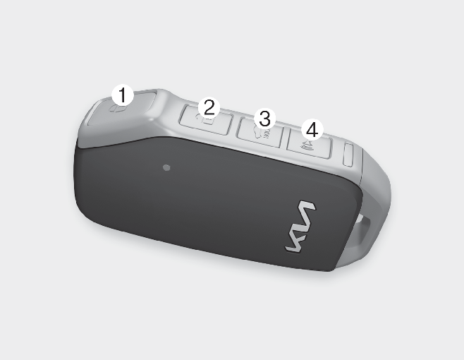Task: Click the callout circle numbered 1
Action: click(123, 95)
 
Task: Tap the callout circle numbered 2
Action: click(209, 107)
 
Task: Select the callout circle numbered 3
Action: click(265, 119)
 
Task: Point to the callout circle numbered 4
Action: click(312, 129)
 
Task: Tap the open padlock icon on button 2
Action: click(206, 119)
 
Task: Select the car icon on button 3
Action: click(262, 133)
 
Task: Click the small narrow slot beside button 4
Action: click(348, 155)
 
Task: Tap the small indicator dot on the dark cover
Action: click(166, 168)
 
